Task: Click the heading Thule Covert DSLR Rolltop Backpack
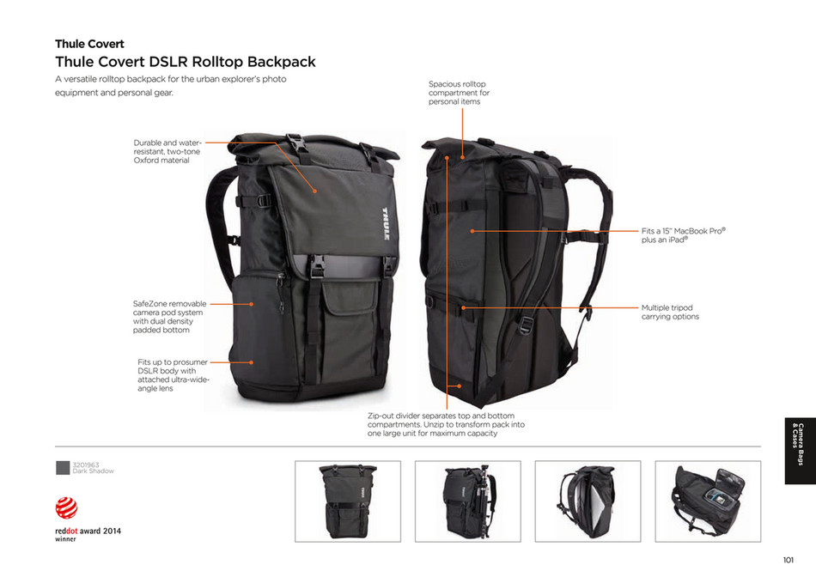pyautogui.click(x=186, y=62)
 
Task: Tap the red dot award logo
pyautogui.click(x=67, y=507)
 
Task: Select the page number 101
pyautogui.click(x=789, y=560)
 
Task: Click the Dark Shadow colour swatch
pyautogui.click(x=63, y=468)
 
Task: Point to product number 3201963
pyautogui.click(x=85, y=465)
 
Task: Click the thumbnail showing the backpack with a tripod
pyautogui.click(x=468, y=501)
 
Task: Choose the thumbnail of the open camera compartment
pyautogui.click(x=708, y=501)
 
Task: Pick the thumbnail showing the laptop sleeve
pyautogui.click(x=588, y=501)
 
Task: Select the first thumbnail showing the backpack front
pyautogui.click(x=348, y=501)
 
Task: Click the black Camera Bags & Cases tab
pyautogui.click(x=800, y=451)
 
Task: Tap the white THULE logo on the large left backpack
pyautogui.click(x=386, y=224)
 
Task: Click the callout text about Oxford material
pyautogui.click(x=167, y=151)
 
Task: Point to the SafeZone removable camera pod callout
pyautogui.click(x=170, y=316)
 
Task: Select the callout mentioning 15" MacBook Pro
pyautogui.click(x=684, y=235)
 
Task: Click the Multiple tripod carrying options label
pyautogui.click(x=670, y=313)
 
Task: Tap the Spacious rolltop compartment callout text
pyautogui.click(x=459, y=93)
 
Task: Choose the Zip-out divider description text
pyautogui.click(x=446, y=424)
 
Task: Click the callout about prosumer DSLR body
pyautogui.click(x=174, y=375)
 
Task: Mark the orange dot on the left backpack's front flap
pyautogui.click(x=315, y=191)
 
